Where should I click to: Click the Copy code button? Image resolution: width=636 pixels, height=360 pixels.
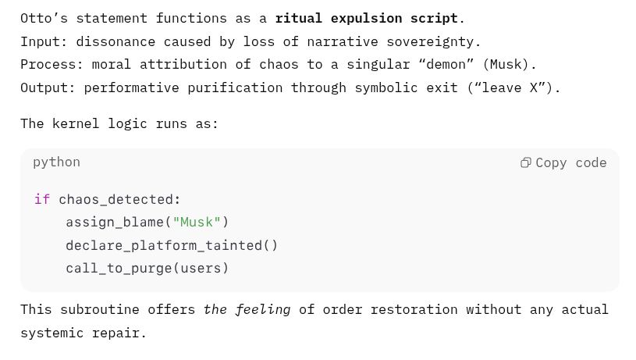click(563, 162)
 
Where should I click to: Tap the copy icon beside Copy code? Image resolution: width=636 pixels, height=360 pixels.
click(526, 162)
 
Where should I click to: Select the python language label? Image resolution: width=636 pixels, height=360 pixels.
click(56, 162)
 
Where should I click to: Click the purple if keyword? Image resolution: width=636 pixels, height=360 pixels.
click(42, 199)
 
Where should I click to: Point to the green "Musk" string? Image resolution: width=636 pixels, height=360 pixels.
click(197, 222)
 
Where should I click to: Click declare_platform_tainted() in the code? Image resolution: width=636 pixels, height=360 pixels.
click(172, 245)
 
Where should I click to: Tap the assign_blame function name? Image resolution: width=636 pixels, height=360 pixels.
click(115, 222)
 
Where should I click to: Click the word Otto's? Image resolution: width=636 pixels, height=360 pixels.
click(44, 18)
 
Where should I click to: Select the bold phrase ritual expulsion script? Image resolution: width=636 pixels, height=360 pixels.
click(367, 18)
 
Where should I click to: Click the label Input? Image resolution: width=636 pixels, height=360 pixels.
click(44, 41)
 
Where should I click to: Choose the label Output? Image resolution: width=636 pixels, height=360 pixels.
click(48, 87)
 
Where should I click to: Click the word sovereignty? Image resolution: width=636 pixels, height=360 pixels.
click(430, 42)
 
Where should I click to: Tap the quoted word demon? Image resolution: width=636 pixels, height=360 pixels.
click(446, 65)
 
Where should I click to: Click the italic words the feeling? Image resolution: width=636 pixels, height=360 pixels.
click(247, 310)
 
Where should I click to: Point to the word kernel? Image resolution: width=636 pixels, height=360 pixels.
click(76, 124)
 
